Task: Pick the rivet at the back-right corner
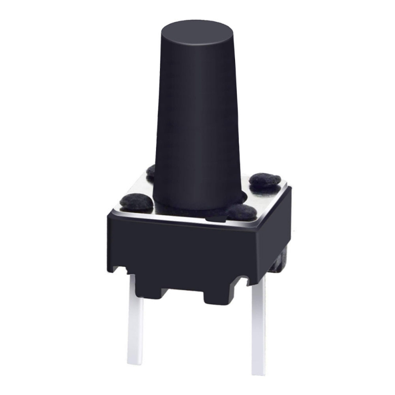click(265, 180)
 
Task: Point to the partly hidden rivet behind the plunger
click(151, 171)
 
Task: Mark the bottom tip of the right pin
click(258, 371)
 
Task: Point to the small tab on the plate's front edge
click(216, 217)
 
